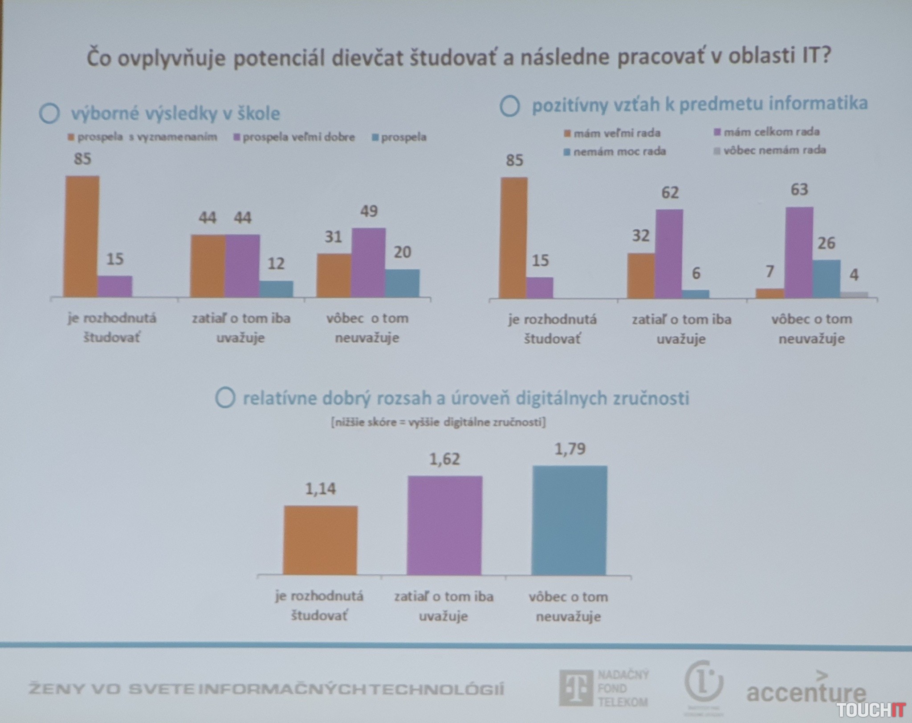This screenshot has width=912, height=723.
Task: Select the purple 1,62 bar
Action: pos(444,525)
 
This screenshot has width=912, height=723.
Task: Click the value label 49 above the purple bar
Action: pos(369,211)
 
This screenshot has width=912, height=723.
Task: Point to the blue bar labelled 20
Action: pos(402,283)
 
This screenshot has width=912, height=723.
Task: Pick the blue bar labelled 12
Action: pos(276,288)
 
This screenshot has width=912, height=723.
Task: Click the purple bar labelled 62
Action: pos(669,253)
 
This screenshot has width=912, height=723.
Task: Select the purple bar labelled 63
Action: pos(799,252)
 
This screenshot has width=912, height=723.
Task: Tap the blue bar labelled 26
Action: pos(827,279)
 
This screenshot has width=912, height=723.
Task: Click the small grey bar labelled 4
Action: pos(854,295)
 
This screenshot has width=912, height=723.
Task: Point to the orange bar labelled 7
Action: pos(770,293)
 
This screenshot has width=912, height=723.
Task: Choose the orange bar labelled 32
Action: pos(641,276)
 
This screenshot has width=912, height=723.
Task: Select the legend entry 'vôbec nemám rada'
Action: pos(770,150)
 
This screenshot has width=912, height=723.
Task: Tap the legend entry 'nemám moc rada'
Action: pos(615,152)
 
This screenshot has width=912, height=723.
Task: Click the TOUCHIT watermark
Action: pos(871,710)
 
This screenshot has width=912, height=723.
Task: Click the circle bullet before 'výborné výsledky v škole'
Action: pos(49,114)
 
